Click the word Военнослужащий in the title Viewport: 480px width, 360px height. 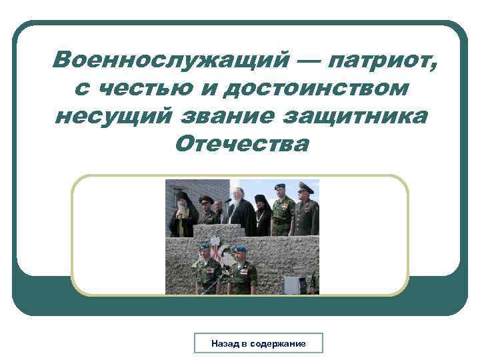pos(166,61)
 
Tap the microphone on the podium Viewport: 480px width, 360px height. pos(227,200)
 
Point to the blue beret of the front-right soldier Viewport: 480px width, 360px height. pos(239,249)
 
